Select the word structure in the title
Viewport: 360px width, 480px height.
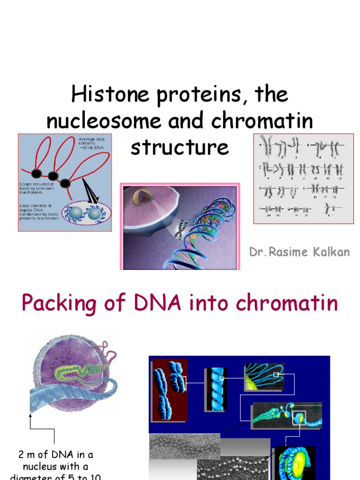click(180, 147)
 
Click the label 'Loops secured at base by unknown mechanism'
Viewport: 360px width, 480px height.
click(37, 187)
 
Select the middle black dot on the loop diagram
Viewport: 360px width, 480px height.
click(53, 176)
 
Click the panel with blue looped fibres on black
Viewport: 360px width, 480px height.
click(264, 377)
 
